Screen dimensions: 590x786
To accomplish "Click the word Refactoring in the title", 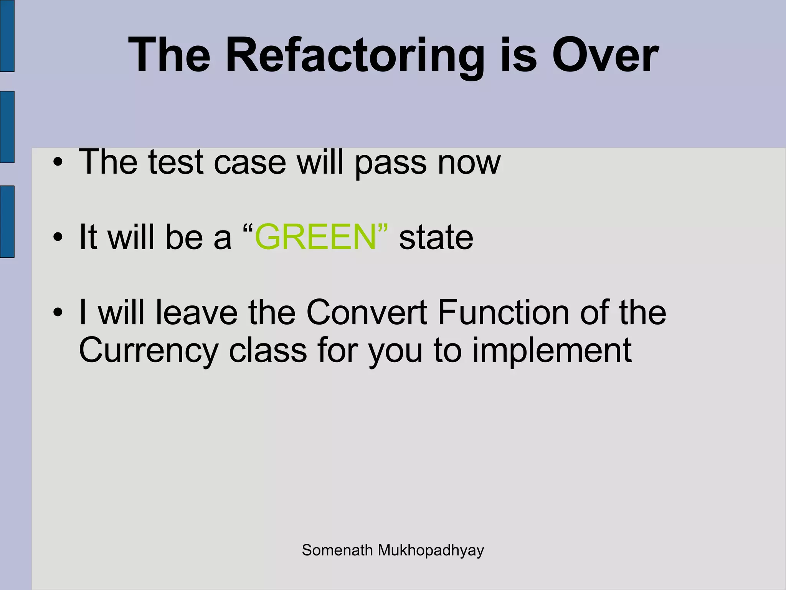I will click(x=355, y=56).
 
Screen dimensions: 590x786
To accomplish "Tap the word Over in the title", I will click(x=605, y=56).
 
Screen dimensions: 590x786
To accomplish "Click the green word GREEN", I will click(x=315, y=237).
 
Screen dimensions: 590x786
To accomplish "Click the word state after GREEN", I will click(x=436, y=237).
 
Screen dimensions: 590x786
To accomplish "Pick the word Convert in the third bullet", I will click(x=367, y=312).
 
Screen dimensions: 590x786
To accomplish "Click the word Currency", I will click(x=149, y=350).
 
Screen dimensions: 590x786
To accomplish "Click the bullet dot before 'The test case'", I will click(x=58, y=162).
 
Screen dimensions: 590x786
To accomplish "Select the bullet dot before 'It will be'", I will click(x=58, y=237).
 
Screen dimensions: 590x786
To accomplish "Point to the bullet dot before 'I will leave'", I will click(x=58, y=312).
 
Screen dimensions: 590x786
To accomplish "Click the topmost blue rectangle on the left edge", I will click(x=7, y=35).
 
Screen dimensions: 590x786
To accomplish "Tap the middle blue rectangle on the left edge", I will click(x=7, y=127).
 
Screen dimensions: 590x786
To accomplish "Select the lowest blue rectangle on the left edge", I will click(x=7, y=222).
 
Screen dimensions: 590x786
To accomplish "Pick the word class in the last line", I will click(x=268, y=350).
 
